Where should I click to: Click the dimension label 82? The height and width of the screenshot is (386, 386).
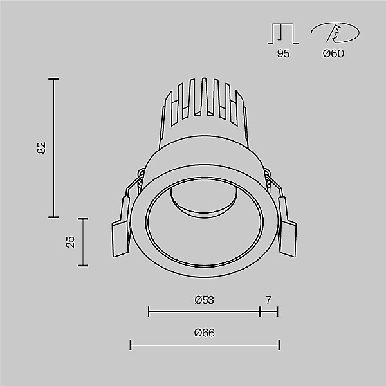[42, 148]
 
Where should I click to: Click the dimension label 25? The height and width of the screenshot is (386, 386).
[71, 241]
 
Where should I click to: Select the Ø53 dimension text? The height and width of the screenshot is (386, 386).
[204, 300]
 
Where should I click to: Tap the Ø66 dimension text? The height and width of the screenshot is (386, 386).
[204, 333]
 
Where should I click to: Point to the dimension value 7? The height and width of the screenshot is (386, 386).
[269, 300]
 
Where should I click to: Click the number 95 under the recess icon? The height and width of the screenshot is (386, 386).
[283, 53]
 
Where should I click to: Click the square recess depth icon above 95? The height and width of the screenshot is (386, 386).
[283, 33]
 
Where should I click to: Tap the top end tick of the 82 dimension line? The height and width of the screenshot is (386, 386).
[53, 79]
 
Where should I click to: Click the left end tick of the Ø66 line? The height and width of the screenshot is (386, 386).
[131, 345]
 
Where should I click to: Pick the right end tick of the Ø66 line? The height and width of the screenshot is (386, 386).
[279, 345]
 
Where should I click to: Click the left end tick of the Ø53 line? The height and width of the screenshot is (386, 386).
[149, 311]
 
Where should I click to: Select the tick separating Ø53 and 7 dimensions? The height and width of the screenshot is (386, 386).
[260, 311]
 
